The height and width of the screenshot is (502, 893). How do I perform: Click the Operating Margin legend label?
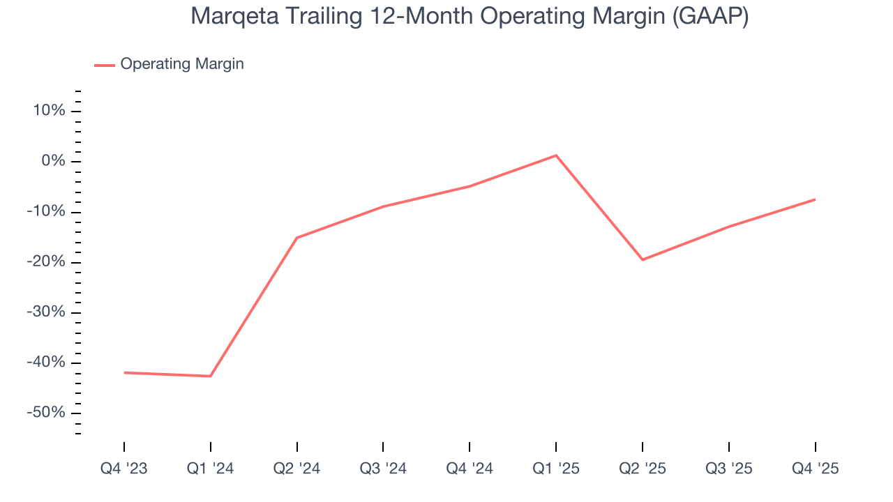pyautogui.click(x=182, y=64)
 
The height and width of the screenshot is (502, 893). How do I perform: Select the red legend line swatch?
pyautogui.click(x=105, y=65)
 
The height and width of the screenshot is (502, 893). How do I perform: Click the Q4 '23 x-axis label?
pyautogui.click(x=124, y=469)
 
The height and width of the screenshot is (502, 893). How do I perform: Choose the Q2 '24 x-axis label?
pyautogui.click(x=297, y=469)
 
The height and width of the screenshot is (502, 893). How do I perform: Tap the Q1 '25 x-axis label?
pyautogui.click(x=556, y=469)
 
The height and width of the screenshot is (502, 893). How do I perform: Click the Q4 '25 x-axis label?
pyautogui.click(x=815, y=469)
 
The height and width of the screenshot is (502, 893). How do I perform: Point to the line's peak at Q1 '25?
pyautogui.click(x=556, y=155)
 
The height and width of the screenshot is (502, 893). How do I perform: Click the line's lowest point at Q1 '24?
pyautogui.click(x=211, y=376)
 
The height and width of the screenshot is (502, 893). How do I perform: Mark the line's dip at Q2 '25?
pyautogui.click(x=642, y=260)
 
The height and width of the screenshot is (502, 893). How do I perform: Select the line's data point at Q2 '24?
pyautogui.click(x=297, y=238)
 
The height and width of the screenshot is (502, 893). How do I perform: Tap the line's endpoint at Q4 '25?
pyautogui.click(x=815, y=199)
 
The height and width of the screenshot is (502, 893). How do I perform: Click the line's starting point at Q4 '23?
pyautogui.click(x=124, y=372)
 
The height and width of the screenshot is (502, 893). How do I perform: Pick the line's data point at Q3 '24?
pyautogui.click(x=383, y=206)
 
